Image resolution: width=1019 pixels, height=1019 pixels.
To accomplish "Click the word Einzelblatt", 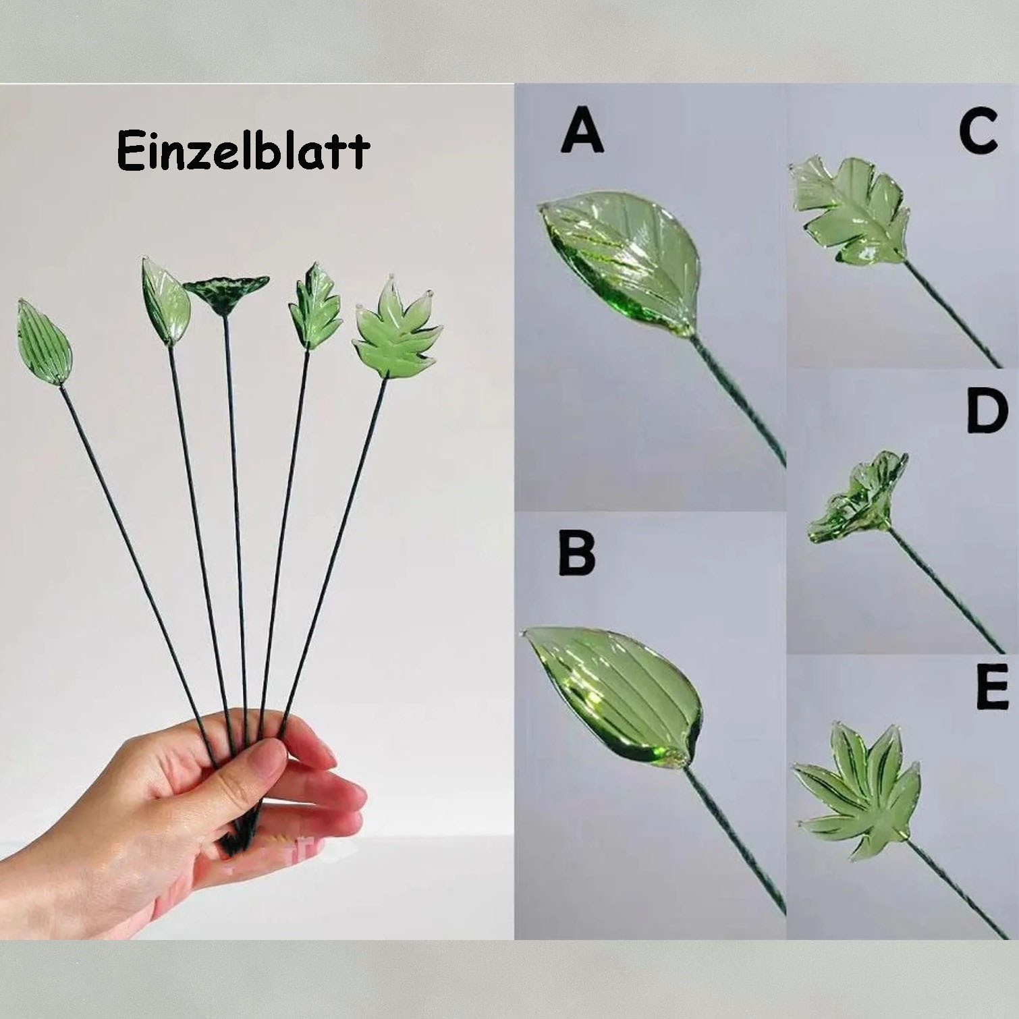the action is pos(243,150).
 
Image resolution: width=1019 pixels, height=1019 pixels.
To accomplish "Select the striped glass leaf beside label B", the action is pos(614,692).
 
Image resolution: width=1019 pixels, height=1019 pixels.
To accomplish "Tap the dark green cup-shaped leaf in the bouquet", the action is pos(225,294).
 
